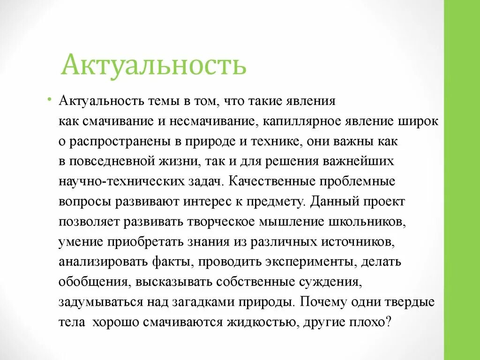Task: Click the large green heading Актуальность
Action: pos(153,65)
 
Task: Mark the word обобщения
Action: pos(95,281)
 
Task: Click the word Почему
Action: pos(323,301)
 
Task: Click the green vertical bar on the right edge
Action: pos(462,180)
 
